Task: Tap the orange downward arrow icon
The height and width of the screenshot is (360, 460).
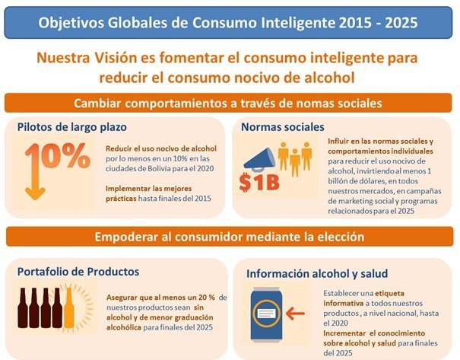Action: point(33,175)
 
